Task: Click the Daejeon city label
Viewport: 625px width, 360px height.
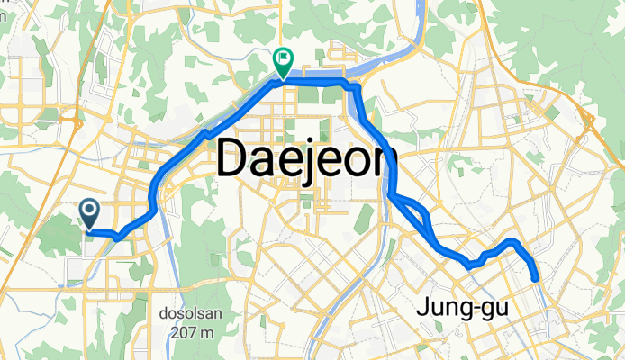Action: pos(307,162)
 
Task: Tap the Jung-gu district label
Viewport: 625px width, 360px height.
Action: pos(463,309)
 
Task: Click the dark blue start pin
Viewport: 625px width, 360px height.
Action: pos(90,213)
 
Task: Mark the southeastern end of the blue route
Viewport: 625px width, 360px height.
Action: pos(537,279)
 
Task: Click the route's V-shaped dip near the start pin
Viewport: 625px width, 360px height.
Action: pos(118,236)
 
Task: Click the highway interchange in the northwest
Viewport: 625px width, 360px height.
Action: pos(69,115)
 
